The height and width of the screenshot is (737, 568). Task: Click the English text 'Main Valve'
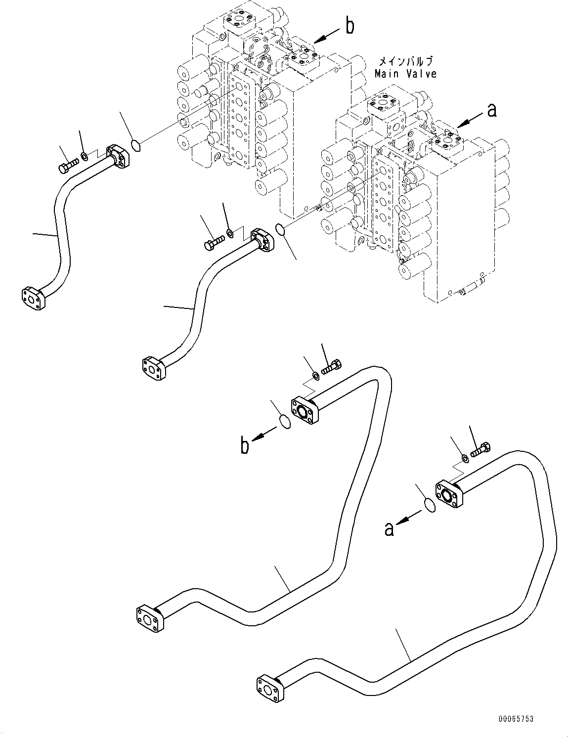tap(405, 74)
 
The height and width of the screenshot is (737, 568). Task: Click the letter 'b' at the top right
tap(350, 26)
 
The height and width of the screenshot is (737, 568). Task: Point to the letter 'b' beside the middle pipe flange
tap(245, 446)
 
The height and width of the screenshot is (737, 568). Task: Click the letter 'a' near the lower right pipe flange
tap(390, 529)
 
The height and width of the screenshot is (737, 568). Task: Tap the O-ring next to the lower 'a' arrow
tap(430, 506)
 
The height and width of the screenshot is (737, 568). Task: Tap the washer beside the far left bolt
tap(85, 157)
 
